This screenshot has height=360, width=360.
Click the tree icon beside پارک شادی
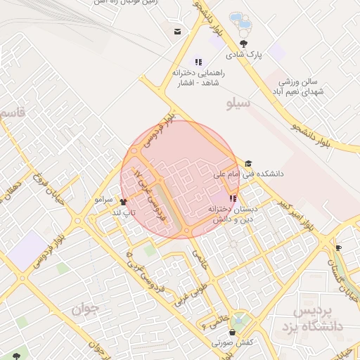[x=243, y=43]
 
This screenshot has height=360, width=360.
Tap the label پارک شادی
[x=243, y=53]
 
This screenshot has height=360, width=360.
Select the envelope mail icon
[x=177, y=31]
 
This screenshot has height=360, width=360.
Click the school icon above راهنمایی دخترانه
[x=198, y=62]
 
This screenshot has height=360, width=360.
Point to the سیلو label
[x=239, y=105]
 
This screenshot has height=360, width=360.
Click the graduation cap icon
[x=248, y=163]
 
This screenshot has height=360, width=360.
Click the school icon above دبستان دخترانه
[x=233, y=198]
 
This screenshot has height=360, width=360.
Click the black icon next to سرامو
[x=123, y=202]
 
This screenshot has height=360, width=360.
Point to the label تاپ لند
[x=124, y=212]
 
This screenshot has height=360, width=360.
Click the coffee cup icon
[x=337, y=247]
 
